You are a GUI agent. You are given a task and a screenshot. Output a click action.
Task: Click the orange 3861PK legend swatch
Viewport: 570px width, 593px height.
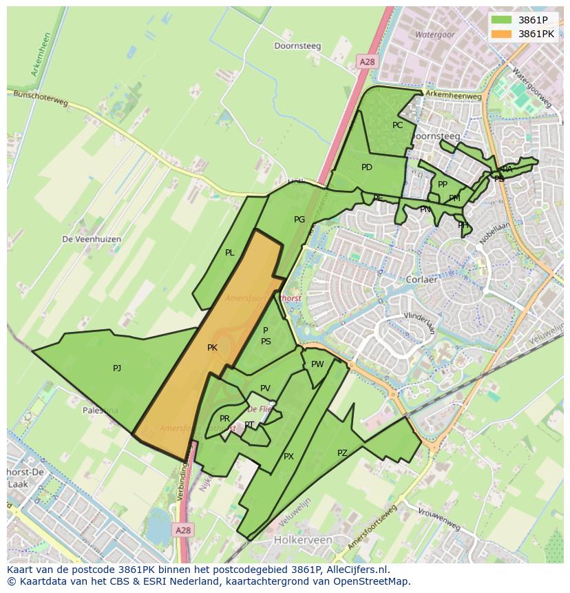point(502,33)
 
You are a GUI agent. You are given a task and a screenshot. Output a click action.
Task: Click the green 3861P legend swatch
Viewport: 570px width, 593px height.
point(502,20)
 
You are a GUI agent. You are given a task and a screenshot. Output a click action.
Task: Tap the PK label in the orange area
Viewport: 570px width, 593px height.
point(212,348)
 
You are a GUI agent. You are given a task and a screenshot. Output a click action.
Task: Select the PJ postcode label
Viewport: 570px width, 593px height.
point(117,368)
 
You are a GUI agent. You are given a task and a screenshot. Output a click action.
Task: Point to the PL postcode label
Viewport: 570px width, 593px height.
point(230,253)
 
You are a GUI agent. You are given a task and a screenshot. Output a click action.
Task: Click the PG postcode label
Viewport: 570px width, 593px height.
point(299,220)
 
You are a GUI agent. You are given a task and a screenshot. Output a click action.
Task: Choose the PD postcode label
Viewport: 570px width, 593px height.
point(367,167)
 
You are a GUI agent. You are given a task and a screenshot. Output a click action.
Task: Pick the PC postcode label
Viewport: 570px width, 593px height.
point(397,125)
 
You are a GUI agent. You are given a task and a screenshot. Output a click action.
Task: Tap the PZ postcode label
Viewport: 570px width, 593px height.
point(342,452)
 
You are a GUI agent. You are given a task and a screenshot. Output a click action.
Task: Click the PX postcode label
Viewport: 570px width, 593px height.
point(288,456)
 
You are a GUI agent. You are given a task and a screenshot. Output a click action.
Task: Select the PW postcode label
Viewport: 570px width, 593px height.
point(317,364)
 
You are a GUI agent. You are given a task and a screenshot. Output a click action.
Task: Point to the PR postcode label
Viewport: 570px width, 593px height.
point(224,418)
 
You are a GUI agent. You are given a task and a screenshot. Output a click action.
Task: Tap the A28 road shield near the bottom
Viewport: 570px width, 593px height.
point(182,530)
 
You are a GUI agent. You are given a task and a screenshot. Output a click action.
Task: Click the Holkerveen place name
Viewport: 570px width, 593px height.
point(303,541)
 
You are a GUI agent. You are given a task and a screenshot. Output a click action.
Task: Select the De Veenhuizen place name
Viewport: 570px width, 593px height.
point(92,239)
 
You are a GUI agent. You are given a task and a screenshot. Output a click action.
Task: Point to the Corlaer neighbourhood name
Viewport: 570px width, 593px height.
point(422,280)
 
